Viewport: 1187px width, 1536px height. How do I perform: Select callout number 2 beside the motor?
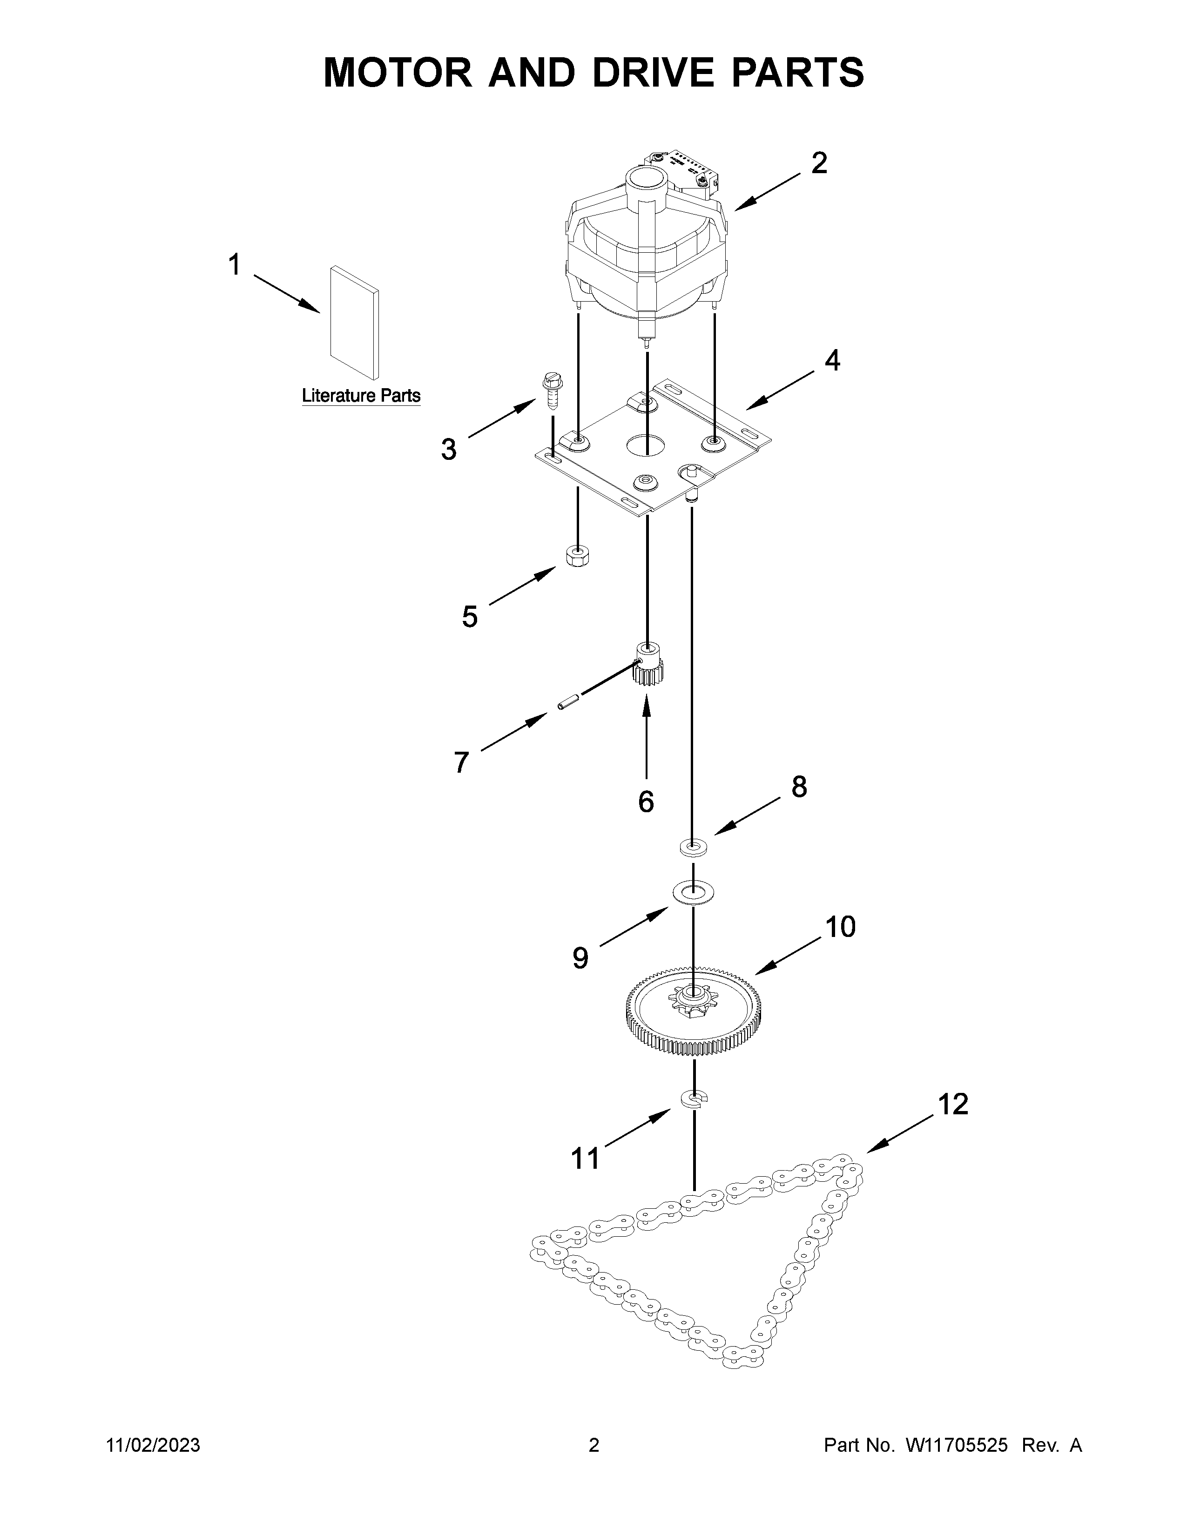[818, 164]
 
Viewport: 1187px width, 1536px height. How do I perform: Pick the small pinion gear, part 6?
[647, 665]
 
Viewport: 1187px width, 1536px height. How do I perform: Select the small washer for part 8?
[694, 848]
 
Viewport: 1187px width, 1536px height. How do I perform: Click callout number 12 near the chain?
[953, 1105]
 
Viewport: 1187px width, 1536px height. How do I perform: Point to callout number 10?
[840, 927]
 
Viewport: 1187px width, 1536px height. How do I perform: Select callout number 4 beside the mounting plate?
[832, 361]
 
